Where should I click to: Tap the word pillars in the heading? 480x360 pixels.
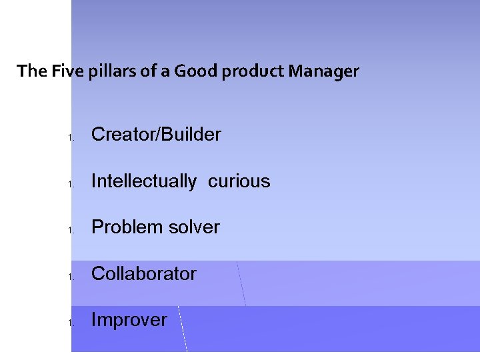point(109,71)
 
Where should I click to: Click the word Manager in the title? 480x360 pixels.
point(323,71)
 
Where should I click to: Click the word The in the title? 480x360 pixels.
point(31,71)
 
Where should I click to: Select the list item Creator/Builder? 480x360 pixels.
point(156,135)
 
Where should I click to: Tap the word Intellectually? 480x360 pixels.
point(143,181)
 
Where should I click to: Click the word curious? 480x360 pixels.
point(239,181)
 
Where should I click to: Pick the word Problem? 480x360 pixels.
point(127,227)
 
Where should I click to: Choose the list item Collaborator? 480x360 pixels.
point(143,273)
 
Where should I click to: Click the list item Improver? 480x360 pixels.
point(129,320)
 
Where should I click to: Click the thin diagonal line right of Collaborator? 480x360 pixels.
point(241,283)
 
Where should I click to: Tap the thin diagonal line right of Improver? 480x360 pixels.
point(183,329)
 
